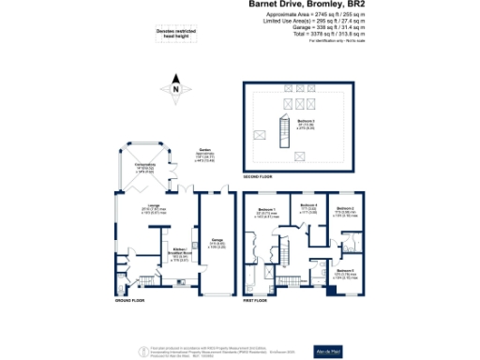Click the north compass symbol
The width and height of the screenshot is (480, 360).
coord(174,89)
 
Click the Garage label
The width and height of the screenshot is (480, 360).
coord(217,239)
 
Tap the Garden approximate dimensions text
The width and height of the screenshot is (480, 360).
coord(203,155)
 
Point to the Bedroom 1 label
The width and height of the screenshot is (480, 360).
coord(267,211)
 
